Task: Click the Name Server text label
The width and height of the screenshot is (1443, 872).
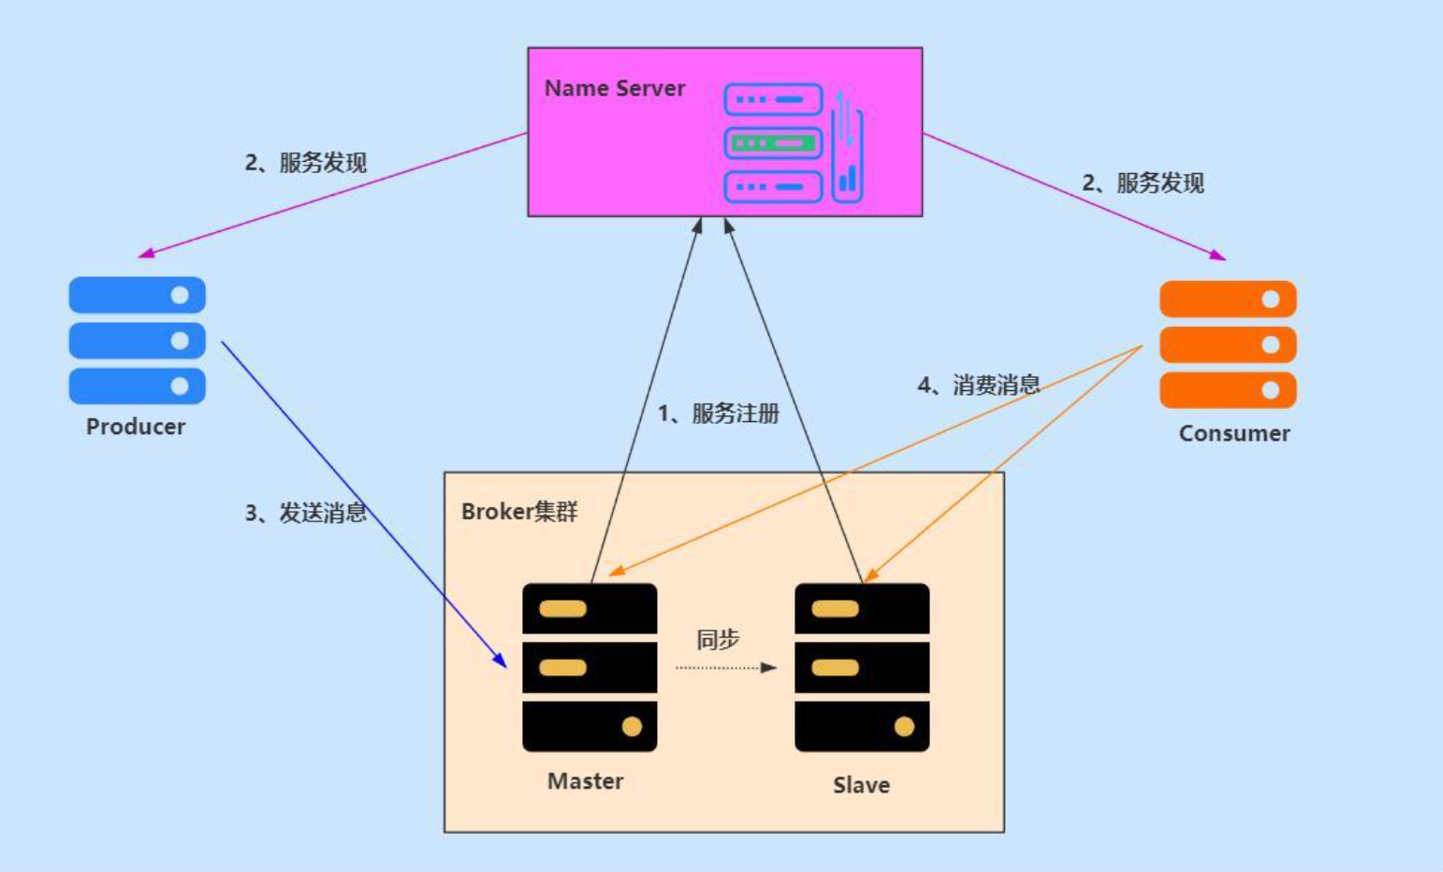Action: coord(615,89)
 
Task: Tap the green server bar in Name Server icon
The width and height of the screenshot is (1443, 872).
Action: coord(773,143)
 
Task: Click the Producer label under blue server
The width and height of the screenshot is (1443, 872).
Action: coord(136,427)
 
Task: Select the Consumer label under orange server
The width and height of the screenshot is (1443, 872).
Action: coord(1233,433)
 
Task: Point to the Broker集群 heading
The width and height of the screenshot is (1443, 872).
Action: coord(519,512)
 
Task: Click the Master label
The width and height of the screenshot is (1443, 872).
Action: coord(585,781)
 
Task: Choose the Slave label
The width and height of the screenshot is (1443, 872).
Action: coord(861,785)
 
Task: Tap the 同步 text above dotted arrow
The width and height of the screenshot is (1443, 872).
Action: coord(718,639)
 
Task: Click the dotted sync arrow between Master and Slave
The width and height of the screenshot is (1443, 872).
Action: coord(725,668)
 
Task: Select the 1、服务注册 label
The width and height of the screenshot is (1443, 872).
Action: coord(718,414)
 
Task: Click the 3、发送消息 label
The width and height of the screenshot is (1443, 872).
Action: coord(305,513)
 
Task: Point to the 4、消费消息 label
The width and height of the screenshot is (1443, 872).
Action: coord(978,385)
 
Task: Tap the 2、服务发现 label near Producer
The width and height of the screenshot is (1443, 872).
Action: coord(305,163)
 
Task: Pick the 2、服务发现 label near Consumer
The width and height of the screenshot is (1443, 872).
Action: coord(1143,183)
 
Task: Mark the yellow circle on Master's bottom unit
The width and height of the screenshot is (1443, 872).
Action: coord(632,727)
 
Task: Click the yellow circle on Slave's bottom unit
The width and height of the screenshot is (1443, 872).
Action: coord(904,727)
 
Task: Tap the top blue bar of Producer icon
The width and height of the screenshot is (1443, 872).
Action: coord(137,296)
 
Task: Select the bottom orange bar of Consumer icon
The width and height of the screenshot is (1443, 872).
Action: coord(1228,390)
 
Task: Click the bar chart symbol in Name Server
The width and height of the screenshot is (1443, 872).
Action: coord(848,177)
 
